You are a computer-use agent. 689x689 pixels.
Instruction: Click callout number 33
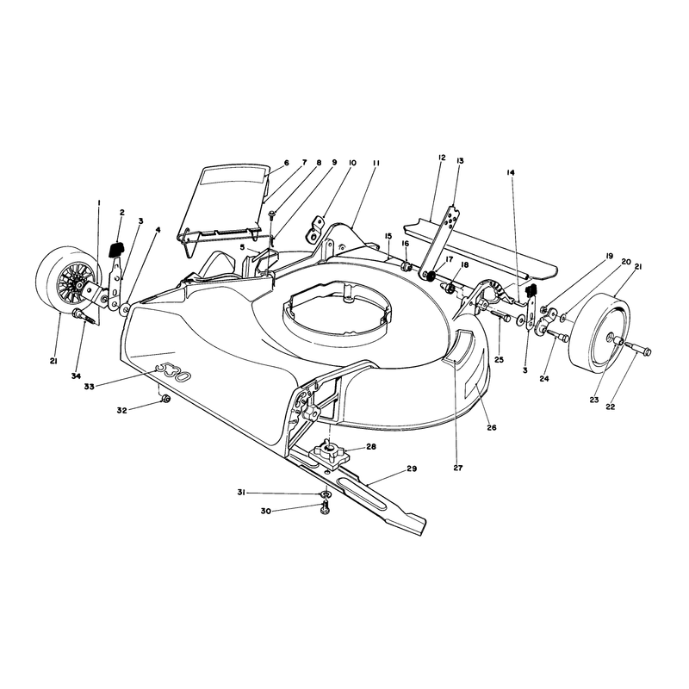coord(90,387)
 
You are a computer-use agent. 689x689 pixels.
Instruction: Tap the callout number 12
coord(442,158)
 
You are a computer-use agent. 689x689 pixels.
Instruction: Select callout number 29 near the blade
coord(412,469)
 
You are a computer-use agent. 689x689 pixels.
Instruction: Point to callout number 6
coord(287,163)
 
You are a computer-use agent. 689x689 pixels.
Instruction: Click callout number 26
coord(491,427)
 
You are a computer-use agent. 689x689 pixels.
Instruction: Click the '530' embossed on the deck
coord(174,371)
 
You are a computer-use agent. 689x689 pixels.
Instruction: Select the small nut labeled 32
coord(165,399)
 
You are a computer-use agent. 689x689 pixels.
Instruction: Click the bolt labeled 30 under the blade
coord(326,509)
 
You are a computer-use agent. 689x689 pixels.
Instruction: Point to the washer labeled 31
coord(325,495)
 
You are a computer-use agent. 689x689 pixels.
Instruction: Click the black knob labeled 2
coord(116,250)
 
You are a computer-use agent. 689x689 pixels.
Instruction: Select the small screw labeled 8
coord(271,214)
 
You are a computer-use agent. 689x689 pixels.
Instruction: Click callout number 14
coord(510,173)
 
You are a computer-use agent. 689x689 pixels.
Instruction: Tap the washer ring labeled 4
coord(124,309)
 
